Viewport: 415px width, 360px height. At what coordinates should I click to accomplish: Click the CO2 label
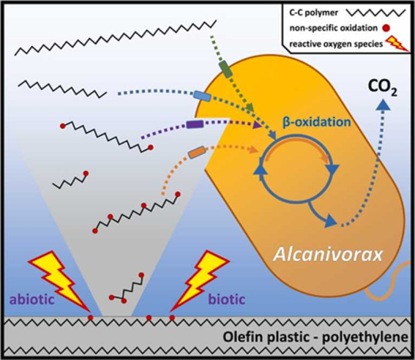[x=383, y=89]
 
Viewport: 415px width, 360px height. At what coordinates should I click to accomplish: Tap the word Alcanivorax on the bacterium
[x=328, y=255]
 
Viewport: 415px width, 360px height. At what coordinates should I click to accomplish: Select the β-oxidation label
[x=317, y=122]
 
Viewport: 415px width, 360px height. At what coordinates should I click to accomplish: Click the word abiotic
[x=32, y=299]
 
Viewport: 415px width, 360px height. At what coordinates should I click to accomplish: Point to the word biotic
[x=227, y=299]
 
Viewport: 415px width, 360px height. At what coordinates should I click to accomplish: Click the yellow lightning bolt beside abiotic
[x=59, y=281]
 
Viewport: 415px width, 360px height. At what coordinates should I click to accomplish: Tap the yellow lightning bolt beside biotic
[x=199, y=281]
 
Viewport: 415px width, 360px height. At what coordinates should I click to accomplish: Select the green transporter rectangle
[x=226, y=70]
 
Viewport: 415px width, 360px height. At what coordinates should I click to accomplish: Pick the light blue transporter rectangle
[x=202, y=96]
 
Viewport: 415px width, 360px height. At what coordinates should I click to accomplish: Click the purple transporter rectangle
[x=195, y=124]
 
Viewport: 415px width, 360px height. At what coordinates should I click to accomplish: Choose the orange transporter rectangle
[x=197, y=152]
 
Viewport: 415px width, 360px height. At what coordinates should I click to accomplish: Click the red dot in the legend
[x=386, y=28]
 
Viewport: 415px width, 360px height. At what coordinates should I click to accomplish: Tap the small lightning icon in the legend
[x=397, y=43]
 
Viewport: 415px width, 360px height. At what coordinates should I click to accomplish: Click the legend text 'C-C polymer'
[x=314, y=12]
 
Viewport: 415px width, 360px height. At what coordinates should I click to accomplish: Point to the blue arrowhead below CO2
[x=383, y=104]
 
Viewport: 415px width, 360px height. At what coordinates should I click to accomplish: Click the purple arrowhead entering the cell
[x=257, y=124]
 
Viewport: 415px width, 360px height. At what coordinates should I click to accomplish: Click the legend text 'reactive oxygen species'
[x=336, y=44]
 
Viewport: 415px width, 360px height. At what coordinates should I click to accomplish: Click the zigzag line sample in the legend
[x=376, y=12]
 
